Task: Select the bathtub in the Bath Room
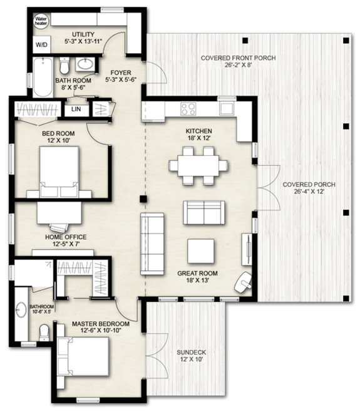(43, 76)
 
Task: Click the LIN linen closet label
(76, 110)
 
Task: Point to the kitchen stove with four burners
(188, 108)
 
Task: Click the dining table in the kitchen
(198, 166)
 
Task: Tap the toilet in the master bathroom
(44, 332)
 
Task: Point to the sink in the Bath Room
(85, 64)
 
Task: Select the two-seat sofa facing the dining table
(202, 212)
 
